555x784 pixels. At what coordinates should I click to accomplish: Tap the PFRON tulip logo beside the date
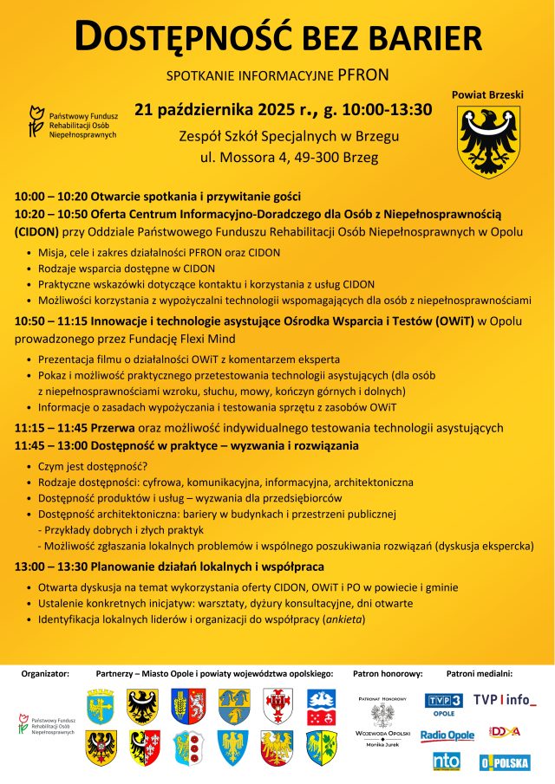tap(36, 122)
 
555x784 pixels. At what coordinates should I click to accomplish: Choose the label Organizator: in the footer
tap(45, 672)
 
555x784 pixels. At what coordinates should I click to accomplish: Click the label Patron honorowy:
tap(388, 672)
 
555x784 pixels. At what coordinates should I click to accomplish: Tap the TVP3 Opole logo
tap(444, 703)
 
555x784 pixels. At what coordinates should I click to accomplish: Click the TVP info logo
tap(505, 700)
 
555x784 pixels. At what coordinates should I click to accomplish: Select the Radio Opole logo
tap(447, 735)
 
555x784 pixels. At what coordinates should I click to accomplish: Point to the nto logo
tap(447, 761)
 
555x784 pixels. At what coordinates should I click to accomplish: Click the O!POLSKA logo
tap(505, 762)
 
